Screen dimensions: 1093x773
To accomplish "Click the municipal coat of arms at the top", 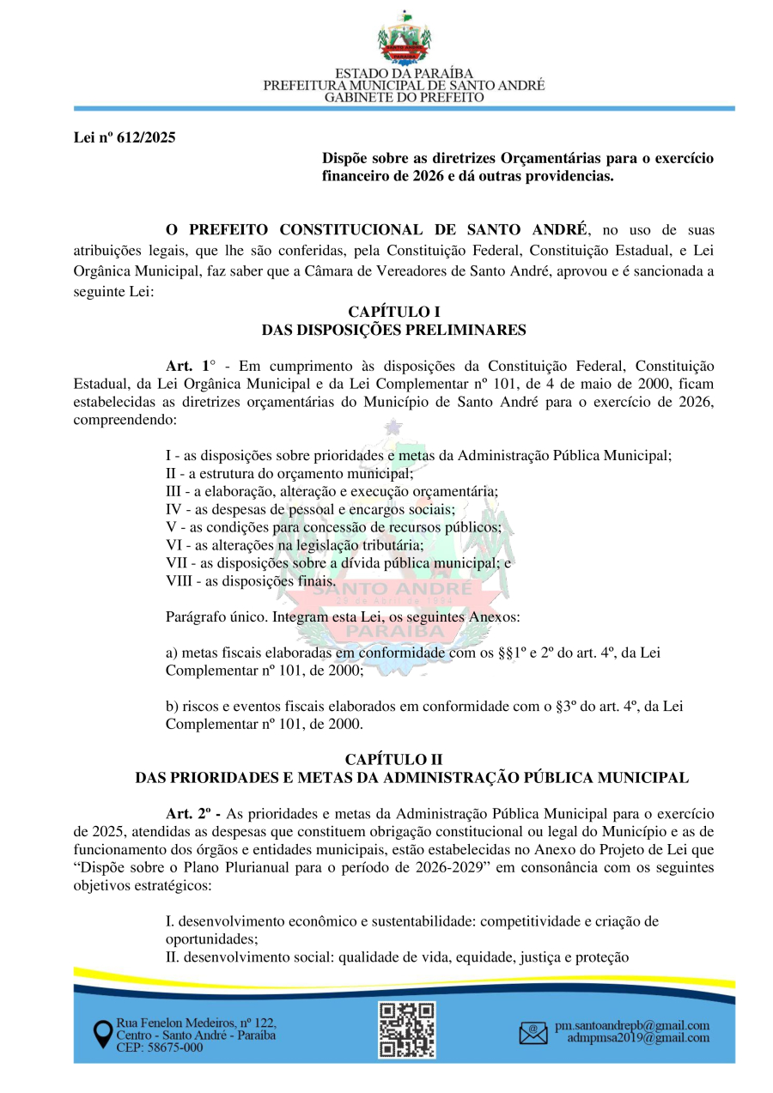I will click(404, 38).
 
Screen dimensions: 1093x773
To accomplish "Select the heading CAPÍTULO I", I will click(393, 312).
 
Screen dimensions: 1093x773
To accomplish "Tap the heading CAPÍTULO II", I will click(393, 759).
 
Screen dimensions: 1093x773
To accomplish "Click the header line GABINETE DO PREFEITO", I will click(404, 98).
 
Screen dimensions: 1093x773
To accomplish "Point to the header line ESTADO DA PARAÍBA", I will click(404, 74).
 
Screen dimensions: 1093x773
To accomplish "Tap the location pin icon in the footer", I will click(102, 1035).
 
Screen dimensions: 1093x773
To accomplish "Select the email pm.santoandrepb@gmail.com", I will click(632, 1026).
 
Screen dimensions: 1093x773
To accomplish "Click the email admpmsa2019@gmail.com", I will click(638, 1038).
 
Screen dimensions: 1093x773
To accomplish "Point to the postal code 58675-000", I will click(173, 1047).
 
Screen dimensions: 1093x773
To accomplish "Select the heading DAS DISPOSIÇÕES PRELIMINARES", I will click(393, 330).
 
